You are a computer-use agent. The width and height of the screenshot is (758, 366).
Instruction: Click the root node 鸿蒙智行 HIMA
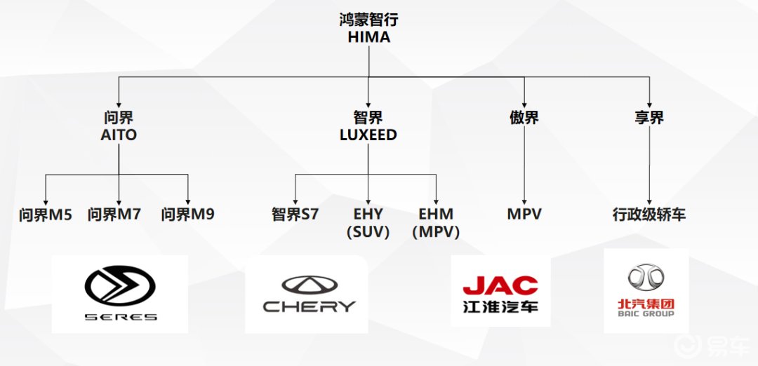point(368,28)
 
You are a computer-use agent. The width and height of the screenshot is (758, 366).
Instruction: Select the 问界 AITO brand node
point(118,126)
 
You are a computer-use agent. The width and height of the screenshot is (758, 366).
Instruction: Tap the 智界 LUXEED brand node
point(368,126)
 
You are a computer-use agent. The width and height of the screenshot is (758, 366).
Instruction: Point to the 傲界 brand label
point(524,118)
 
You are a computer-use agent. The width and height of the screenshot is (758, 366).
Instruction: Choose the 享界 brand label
point(649,118)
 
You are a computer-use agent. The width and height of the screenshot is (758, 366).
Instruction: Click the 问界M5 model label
point(46,215)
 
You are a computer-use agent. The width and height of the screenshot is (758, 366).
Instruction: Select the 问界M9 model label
point(188,215)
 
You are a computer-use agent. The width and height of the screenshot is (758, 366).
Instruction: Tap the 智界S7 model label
point(295,215)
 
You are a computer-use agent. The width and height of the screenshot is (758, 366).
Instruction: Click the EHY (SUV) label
point(368,223)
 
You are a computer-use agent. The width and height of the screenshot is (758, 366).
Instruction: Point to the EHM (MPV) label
point(436,223)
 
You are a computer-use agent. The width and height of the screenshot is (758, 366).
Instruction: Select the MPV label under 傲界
point(524,215)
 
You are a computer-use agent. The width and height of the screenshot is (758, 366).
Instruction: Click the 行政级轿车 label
point(649,215)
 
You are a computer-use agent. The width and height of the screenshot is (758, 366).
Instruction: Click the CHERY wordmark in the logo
point(309,306)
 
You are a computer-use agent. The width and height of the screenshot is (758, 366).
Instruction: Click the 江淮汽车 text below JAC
point(500,306)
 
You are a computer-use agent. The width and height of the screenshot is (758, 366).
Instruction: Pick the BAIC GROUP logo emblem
point(646,277)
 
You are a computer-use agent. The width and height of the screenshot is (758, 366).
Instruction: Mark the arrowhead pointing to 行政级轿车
point(649,201)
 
